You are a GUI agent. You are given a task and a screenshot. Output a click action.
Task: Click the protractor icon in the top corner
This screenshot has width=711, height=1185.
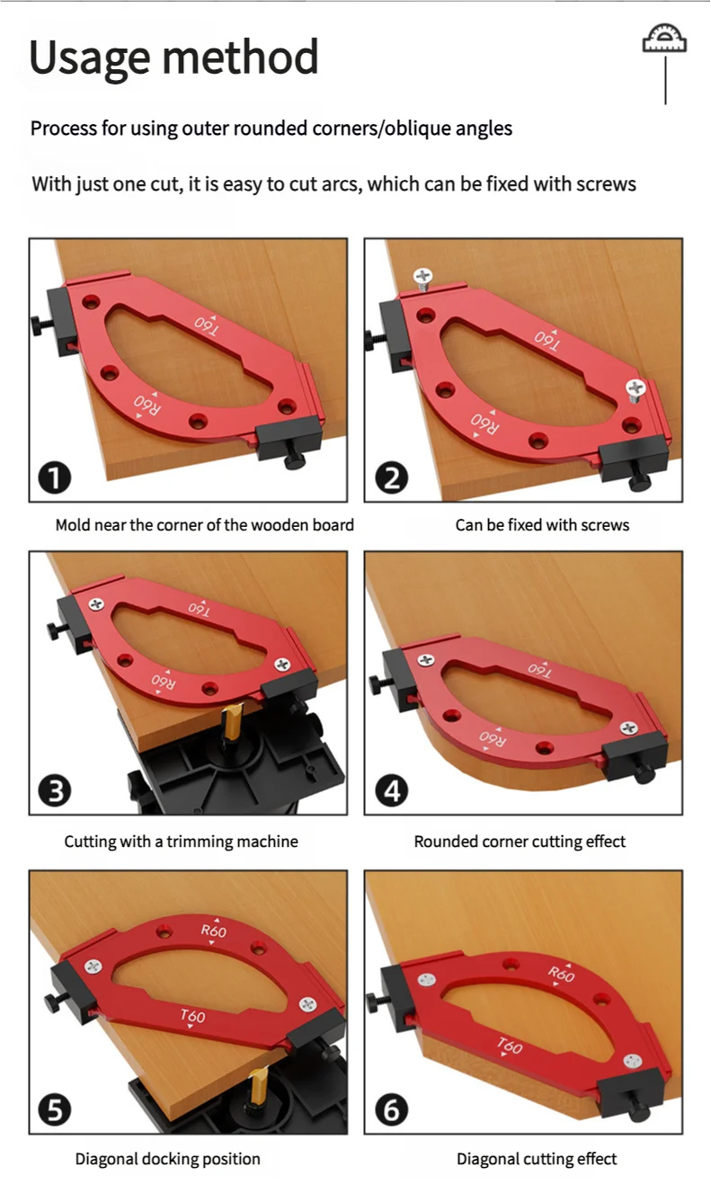[664, 38]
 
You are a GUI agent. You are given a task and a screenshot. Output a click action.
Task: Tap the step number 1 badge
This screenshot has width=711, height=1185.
[55, 477]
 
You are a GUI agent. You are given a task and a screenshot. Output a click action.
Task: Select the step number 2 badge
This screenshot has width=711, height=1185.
[392, 477]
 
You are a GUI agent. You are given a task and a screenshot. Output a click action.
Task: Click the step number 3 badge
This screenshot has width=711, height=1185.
[55, 791]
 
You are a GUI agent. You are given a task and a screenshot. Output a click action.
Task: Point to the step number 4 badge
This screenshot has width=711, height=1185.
[392, 791]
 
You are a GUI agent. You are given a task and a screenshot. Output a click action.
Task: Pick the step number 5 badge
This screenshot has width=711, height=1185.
[55, 1109]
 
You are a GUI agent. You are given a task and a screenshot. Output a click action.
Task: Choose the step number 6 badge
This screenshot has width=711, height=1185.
[392, 1109]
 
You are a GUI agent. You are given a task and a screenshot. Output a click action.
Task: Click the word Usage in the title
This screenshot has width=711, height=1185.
[90, 58]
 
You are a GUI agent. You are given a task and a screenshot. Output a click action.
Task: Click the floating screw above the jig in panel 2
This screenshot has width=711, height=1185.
[422, 278]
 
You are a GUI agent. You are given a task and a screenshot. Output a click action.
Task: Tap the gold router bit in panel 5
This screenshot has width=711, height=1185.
[258, 1084]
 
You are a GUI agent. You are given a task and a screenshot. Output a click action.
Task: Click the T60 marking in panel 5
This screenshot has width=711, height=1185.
[192, 1016]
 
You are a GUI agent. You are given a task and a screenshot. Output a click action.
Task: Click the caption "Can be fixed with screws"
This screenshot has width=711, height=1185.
[542, 525]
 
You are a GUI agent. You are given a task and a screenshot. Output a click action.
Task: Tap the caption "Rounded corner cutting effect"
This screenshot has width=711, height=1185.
[520, 842]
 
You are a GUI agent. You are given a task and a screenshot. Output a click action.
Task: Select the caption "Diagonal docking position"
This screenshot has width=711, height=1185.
[168, 1159]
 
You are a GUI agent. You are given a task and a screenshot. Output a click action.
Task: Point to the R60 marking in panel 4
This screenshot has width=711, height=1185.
[493, 738]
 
